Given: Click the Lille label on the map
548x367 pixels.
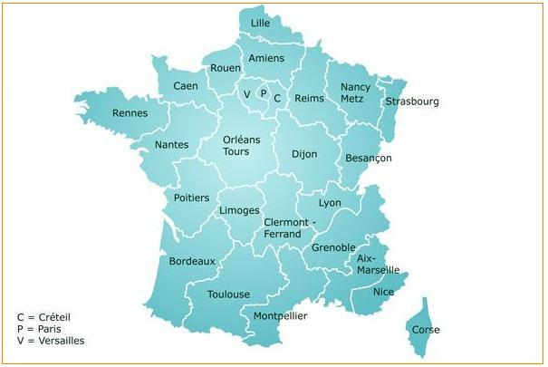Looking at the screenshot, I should [261, 23].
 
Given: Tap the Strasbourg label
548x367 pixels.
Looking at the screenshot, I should [411, 101].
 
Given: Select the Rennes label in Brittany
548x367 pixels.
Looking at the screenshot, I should [130, 113].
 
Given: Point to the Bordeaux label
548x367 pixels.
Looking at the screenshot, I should [192, 261].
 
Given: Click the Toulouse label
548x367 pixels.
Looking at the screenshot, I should [228, 295].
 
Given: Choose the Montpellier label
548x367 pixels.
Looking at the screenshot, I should [280, 315].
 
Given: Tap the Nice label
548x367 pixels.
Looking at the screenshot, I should [384, 292].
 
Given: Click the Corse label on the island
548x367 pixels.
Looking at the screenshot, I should [426, 330].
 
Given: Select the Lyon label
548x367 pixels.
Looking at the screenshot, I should [331, 202].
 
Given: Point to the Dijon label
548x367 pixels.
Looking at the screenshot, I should [304, 154].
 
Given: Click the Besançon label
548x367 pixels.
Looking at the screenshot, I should [369, 158].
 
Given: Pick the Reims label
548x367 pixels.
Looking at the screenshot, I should [310, 98].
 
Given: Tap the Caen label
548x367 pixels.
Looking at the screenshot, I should [186, 86].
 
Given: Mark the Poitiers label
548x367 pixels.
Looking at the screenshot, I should [191, 198].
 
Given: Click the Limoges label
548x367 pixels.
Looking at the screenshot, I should [240, 210].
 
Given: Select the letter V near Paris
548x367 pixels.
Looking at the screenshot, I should [246, 93].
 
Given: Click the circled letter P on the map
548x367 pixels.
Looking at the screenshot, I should [263, 92].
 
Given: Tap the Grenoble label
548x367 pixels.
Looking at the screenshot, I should [333, 246].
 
